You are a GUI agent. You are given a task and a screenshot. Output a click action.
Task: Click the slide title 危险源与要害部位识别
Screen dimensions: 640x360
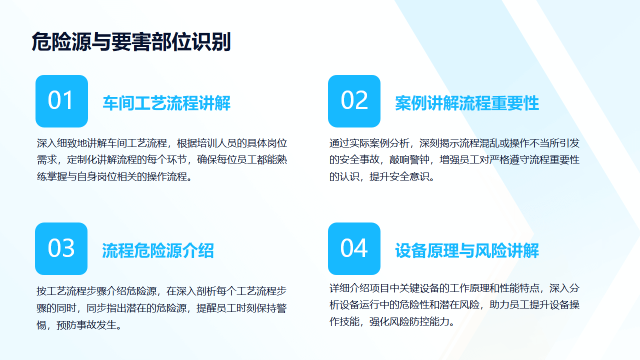click(131, 41)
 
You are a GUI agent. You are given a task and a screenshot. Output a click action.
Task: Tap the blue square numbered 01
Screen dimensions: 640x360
click(61, 101)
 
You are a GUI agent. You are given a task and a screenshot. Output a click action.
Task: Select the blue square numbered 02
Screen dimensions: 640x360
click(354, 101)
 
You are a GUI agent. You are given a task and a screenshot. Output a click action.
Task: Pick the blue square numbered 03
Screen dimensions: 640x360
click(61, 248)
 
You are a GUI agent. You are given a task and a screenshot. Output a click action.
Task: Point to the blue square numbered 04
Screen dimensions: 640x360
click(354, 248)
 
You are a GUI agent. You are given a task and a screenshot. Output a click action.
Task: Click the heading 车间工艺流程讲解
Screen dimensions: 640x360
click(166, 103)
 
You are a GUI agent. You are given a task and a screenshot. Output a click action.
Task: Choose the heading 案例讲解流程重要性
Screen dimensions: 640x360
click(467, 103)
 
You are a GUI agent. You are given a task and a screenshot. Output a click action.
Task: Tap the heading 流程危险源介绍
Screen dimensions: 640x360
click(158, 250)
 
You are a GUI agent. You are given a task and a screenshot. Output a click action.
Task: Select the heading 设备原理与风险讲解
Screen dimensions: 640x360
click(467, 250)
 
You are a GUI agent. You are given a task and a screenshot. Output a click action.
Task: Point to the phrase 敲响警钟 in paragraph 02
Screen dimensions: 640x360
click(409, 159)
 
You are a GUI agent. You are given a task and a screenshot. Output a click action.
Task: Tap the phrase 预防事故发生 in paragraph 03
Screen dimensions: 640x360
click(86, 325)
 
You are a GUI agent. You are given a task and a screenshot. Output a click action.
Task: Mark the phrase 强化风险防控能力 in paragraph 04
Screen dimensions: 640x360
click(409, 321)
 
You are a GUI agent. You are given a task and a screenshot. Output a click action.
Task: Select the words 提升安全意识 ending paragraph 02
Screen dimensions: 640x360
click(399, 176)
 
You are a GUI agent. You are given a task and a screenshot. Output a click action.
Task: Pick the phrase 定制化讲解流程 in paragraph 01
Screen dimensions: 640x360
click(101, 159)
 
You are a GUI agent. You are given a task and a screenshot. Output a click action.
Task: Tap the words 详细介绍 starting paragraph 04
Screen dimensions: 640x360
click(349, 288)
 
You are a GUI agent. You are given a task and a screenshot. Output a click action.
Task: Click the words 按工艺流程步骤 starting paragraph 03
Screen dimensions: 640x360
click(71, 291)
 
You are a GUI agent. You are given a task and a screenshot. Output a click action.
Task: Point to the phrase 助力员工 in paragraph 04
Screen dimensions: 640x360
click(509, 305)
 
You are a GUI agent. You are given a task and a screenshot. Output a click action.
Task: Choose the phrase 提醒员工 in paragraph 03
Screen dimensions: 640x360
click(216, 308)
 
